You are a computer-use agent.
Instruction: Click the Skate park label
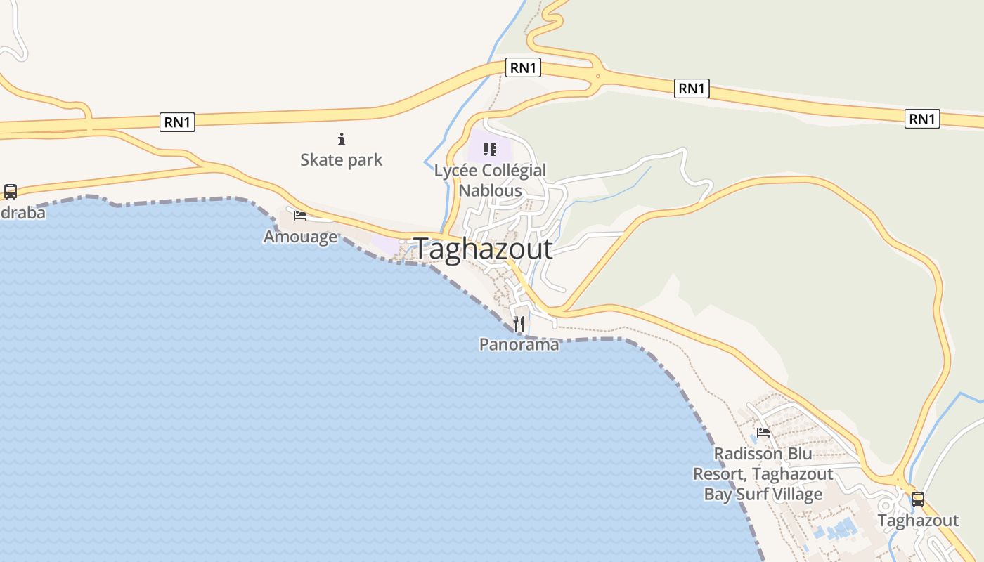[x=342, y=160]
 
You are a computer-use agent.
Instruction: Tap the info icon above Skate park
[x=342, y=139]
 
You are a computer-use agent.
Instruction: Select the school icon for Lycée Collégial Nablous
[x=490, y=149]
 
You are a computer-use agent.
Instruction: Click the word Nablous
[x=490, y=190]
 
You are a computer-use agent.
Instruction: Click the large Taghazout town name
[x=483, y=249]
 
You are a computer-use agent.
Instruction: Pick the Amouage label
[x=300, y=237]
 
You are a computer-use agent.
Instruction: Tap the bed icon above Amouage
[x=300, y=215]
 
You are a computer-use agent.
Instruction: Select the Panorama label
[x=519, y=344]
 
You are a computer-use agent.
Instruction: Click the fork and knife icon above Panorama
[x=519, y=323]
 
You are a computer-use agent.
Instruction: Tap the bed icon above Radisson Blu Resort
[x=763, y=432]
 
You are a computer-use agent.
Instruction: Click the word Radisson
[x=742, y=454]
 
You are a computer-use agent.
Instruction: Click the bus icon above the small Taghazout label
[x=918, y=499]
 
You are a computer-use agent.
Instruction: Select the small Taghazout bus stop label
[x=918, y=521]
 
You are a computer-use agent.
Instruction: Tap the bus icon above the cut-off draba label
[x=11, y=191]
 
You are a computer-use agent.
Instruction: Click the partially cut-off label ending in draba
[x=21, y=212]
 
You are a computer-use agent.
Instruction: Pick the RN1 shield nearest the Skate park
[x=178, y=122]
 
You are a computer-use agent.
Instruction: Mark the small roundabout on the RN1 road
[x=598, y=76]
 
